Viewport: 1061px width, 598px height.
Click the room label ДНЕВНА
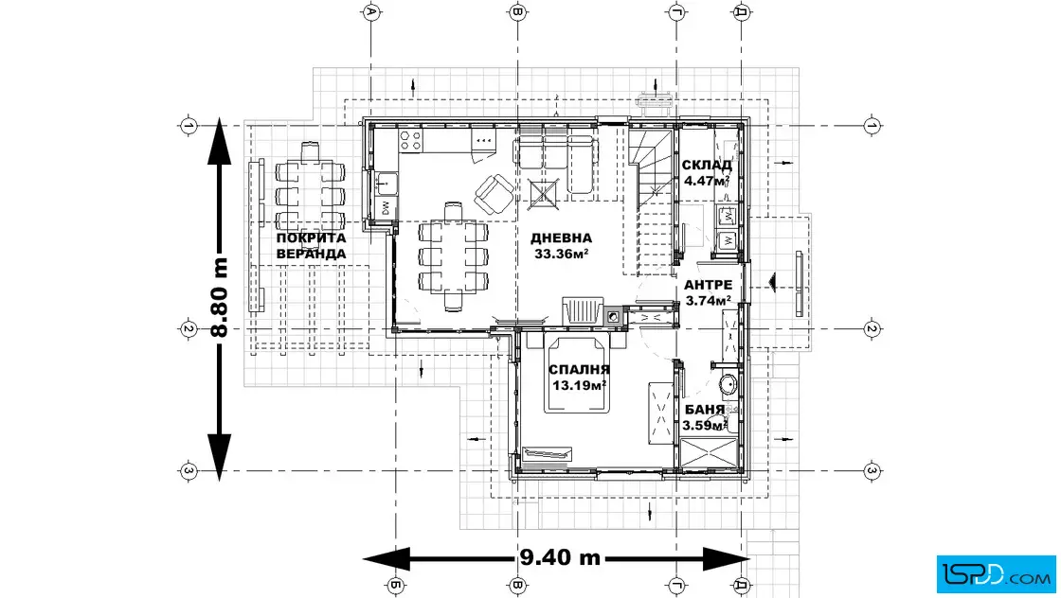561,237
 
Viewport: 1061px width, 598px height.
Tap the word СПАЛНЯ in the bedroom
579,370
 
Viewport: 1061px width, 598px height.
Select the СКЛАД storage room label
707,165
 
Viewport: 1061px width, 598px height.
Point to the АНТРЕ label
708,285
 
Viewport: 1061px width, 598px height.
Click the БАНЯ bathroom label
705,410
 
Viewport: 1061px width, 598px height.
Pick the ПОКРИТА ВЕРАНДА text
312,246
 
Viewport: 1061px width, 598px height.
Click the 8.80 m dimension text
219,298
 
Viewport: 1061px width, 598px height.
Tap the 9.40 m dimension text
560,558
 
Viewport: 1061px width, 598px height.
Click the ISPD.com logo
997,574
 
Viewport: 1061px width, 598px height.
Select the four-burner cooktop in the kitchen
411,141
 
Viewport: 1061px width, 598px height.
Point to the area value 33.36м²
561,255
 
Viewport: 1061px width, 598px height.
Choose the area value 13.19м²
579,386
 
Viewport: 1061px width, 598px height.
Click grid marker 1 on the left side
189,126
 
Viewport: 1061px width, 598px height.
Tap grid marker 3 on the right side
872,471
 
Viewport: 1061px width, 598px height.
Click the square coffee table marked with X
544,195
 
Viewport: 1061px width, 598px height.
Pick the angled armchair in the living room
494,192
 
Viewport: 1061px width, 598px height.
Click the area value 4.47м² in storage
707,181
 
